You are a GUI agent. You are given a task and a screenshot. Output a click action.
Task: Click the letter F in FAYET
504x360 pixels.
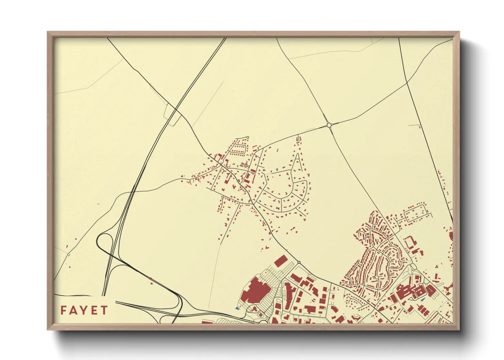[64, 310]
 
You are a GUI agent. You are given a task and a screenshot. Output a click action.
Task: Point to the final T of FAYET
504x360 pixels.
[104, 310]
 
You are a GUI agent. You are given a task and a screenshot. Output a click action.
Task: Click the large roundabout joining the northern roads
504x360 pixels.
[329, 125]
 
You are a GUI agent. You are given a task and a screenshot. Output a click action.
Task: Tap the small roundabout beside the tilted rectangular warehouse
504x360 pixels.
[299, 262]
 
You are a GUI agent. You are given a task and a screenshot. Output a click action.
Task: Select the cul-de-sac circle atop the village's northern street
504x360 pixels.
[248, 137]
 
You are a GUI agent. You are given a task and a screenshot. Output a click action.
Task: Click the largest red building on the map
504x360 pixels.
[255, 291]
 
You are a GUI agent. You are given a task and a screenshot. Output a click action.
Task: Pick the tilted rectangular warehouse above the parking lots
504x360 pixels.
[281, 261]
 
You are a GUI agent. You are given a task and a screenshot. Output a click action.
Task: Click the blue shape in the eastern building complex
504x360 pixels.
[423, 299]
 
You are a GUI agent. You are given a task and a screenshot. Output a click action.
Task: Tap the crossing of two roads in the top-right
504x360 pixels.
[407, 82]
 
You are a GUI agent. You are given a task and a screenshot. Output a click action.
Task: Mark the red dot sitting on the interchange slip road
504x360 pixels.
[151, 279]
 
